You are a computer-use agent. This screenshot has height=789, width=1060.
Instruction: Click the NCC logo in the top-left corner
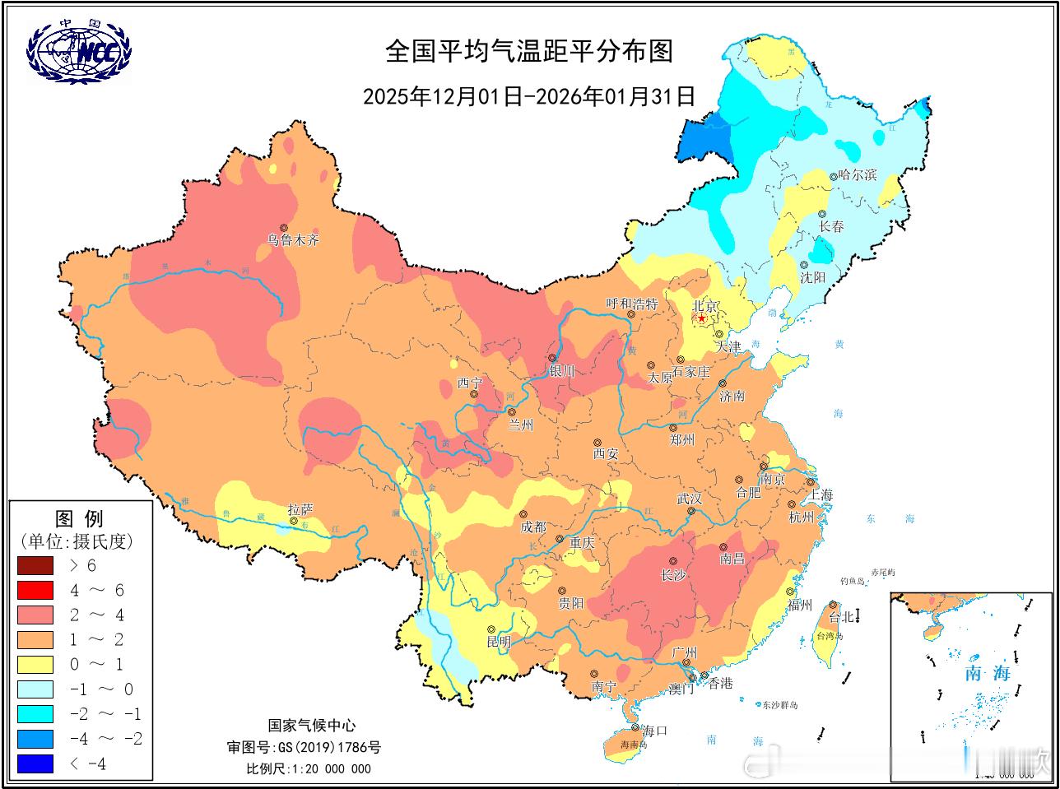[x=79, y=51]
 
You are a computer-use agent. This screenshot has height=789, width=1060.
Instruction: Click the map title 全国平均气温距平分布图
[x=529, y=51]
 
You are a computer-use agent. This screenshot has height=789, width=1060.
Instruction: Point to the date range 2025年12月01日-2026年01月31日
[x=529, y=97]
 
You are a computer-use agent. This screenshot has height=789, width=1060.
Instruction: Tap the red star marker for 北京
[x=701, y=318]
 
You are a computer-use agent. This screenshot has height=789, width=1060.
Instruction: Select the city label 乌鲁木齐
[x=292, y=241]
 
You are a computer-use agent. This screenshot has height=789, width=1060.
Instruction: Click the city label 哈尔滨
[x=858, y=175]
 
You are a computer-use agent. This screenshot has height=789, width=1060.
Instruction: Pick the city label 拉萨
[x=300, y=509]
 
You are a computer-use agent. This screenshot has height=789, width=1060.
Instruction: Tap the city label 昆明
[x=499, y=642]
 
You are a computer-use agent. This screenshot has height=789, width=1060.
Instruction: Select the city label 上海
[x=821, y=494]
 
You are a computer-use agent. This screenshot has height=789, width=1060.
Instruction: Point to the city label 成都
[x=533, y=527]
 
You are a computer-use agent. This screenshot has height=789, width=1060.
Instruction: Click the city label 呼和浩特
[x=632, y=304]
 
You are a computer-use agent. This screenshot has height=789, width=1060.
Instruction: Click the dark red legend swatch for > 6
[x=35, y=565]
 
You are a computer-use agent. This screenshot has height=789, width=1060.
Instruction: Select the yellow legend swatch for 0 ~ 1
[x=35, y=664]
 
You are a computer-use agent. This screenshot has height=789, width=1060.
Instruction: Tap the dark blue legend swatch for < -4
[x=35, y=763]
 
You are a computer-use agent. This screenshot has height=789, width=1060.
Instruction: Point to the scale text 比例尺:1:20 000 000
[x=309, y=768]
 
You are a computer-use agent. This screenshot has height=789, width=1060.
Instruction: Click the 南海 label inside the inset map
[x=988, y=673]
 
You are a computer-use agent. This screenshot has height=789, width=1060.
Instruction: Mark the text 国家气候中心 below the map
[x=312, y=726]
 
